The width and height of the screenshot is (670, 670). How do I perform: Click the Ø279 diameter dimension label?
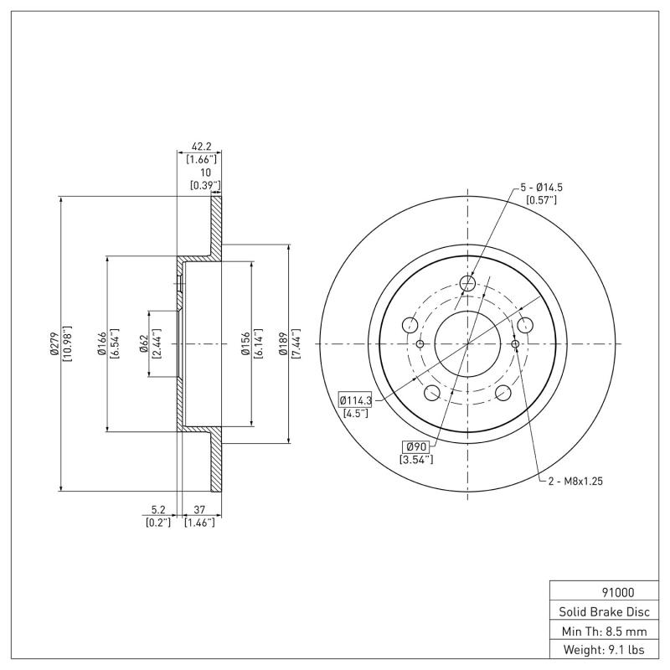pos(54,343)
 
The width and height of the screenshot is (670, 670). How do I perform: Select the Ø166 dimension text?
pos(100,343)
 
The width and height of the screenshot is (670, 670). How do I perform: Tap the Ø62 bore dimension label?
pos(143,343)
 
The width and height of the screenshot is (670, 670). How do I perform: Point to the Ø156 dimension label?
pos(245,343)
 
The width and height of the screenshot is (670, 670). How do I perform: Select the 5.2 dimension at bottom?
pos(157,508)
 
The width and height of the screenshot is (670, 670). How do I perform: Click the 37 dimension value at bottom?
pos(199,508)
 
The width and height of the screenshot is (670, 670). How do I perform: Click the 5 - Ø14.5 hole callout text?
pos(541,186)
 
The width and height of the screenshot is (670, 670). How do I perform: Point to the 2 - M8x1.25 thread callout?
pos(575,482)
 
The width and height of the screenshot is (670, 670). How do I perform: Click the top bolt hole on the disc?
pos(467,285)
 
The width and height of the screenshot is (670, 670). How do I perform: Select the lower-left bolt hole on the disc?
pos(432,393)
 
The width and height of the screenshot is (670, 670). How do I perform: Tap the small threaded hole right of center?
pos(514,343)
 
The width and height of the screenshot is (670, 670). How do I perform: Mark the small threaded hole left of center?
pos(420,343)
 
